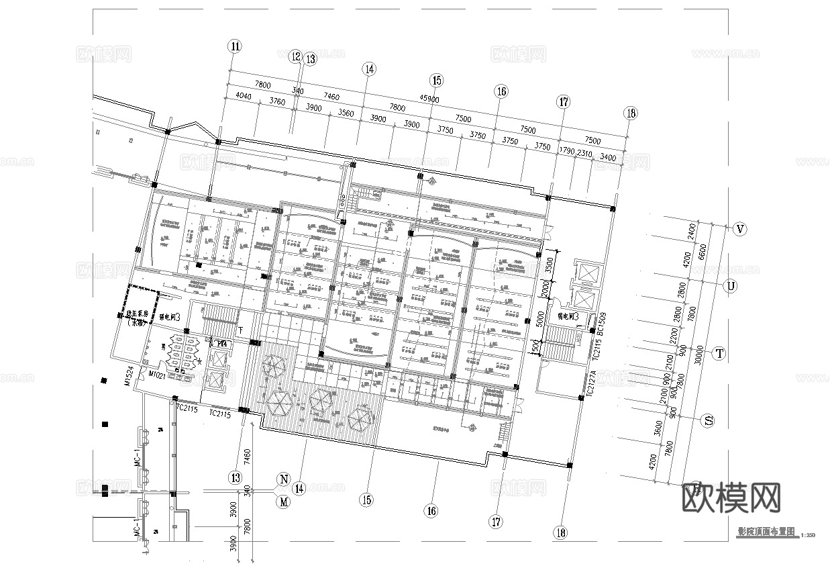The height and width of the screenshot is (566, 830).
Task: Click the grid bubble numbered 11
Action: (x=234, y=46)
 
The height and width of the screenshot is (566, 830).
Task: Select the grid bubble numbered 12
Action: (x=296, y=57)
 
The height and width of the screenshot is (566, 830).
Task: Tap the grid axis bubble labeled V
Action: (x=740, y=230)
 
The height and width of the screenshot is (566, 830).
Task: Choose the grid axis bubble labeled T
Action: (x=719, y=353)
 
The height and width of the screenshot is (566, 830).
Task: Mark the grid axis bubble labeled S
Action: (x=707, y=421)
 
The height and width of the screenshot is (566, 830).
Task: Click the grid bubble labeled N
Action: (x=284, y=479)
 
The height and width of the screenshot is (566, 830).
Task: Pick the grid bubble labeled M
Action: (x=284, y=501)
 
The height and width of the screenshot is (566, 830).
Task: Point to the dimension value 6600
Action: (x=703, y=251)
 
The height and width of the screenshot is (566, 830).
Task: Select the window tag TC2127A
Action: (x=592, y=385)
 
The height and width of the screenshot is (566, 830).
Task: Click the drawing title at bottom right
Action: (x=766, y=530)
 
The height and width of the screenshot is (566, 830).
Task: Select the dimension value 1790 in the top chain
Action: (x=568, y=151)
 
